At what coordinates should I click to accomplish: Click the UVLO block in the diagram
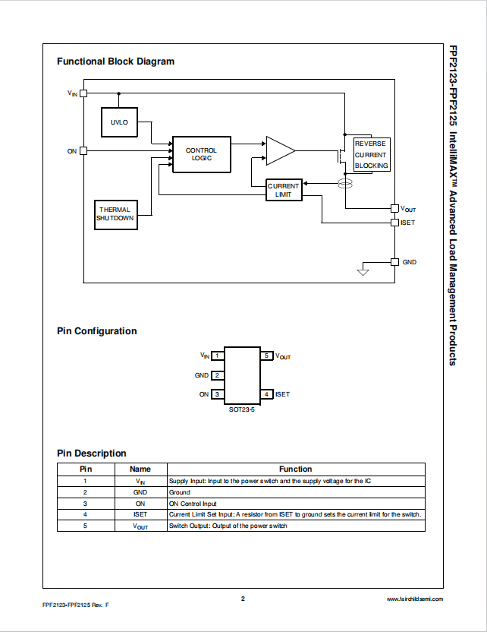(120, 122)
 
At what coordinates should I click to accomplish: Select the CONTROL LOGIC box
(201, 154)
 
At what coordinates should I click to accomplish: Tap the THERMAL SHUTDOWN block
(115, 213)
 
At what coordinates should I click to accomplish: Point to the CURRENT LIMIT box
(284, 190)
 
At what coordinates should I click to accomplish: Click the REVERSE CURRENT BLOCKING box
(370, 154)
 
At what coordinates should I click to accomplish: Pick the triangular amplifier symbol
(279, 150)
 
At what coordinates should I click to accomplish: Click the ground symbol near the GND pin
(363, 271)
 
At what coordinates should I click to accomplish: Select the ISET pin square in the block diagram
(394, 223)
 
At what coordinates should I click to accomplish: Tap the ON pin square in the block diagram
(83, 150)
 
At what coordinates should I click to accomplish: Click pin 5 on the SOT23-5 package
(266, 355)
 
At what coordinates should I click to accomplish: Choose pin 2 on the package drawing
(217, 375)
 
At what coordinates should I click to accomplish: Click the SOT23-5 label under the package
(242, 409)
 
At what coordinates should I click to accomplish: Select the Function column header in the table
(295, 469)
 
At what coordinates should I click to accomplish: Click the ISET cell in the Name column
(140, 514)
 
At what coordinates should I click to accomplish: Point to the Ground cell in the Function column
(180, 492)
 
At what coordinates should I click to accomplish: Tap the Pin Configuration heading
(97, 331)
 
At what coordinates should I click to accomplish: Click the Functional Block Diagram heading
(115, 62)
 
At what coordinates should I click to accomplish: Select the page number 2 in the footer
(243, 599)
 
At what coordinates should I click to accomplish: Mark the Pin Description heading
(92, 453)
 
